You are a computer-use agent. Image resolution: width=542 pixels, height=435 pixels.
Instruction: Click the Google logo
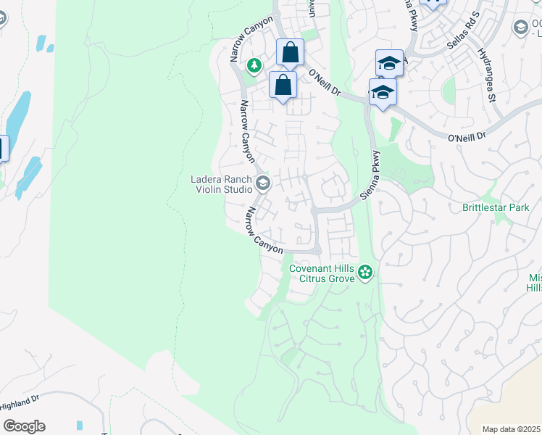click(x=24, y=426)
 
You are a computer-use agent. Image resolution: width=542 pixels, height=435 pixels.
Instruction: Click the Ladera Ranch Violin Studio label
click(x=221, y=185)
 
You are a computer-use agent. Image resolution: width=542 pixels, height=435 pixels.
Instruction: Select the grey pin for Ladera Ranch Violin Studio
click(x=262, y=182)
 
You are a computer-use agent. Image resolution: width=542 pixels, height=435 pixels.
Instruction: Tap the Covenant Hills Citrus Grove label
click(x=322, y=273)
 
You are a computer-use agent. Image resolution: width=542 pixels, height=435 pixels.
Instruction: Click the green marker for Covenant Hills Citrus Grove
click(x=366, y=273)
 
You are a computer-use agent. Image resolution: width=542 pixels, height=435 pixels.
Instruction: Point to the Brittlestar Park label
click(x=496, y=207)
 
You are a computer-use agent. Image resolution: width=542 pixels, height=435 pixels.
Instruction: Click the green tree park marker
click(x=254, y=66)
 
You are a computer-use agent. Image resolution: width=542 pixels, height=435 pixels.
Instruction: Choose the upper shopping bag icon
click(x=290, y=52)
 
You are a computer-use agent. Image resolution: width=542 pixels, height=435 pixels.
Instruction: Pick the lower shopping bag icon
click(x=283, y=85)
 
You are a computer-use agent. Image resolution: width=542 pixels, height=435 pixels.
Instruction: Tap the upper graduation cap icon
click(x=389, y=63)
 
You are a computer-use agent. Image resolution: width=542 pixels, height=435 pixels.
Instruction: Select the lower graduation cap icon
click(x=382, y=92)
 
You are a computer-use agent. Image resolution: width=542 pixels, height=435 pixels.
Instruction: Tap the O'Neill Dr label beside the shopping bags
click(x=324, y=82)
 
